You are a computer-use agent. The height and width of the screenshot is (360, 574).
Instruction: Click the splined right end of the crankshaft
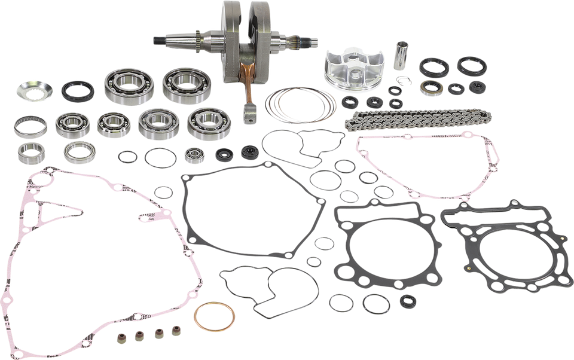[305, 41]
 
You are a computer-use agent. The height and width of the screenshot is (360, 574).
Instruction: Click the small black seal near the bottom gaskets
[408, 300]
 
